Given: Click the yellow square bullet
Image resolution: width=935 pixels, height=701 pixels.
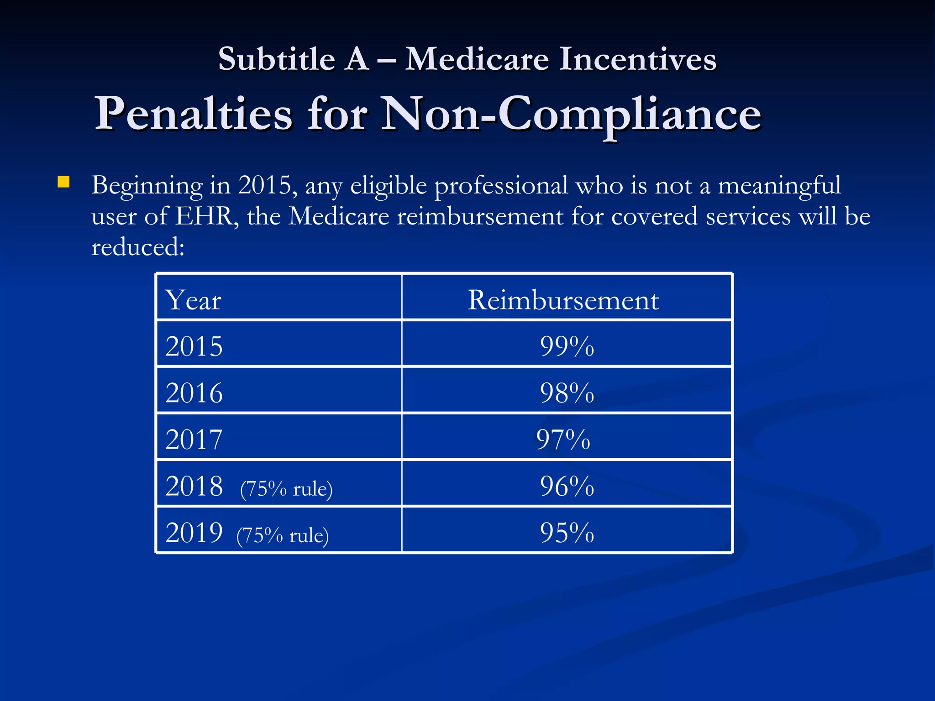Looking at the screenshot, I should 63,183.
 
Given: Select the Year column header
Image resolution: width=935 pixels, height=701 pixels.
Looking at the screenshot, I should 193,300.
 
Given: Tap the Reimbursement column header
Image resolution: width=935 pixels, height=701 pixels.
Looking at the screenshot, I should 563,300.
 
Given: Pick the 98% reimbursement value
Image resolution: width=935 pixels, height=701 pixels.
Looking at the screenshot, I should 567,392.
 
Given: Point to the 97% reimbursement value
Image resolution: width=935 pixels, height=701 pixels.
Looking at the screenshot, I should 563,439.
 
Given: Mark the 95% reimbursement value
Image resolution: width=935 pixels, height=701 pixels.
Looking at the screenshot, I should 567,532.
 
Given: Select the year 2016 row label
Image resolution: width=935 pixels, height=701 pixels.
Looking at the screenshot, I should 194,392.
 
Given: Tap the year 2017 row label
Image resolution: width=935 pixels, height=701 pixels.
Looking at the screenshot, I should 194,439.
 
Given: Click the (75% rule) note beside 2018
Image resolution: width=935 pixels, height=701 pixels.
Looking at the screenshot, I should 286,489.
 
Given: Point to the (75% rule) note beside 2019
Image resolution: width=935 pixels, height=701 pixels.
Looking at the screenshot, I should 283,535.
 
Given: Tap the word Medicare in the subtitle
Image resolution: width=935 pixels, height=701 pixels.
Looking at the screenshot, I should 477,59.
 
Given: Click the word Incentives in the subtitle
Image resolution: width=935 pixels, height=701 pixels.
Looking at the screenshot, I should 638,59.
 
